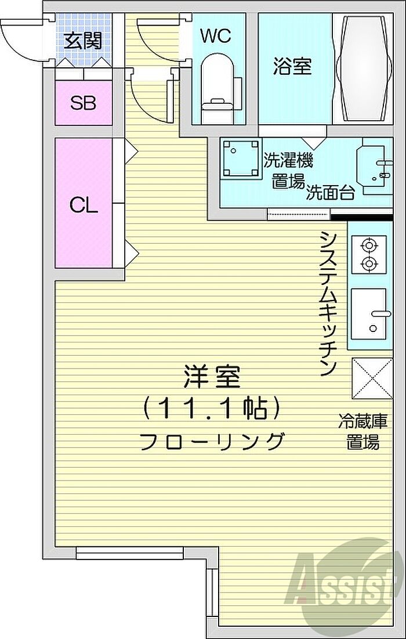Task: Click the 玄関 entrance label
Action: [x=84, y=41]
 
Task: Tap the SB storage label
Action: [x=83, y=103]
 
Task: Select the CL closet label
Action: [x=84, y=205]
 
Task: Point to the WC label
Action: [x=216, y=36]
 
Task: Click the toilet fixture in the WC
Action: [x=218, y=88]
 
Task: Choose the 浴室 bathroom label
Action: [x=292, y=66]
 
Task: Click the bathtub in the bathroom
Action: [x=363, y=68]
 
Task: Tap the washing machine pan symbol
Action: [x=241, y=160]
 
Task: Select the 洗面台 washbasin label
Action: [x=330, y=192]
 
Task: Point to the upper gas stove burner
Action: [x=369, y=246]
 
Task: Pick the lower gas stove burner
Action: [x=369, y=264]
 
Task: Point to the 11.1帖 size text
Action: [x=211, y=409]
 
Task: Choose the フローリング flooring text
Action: [x=211, y=441]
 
